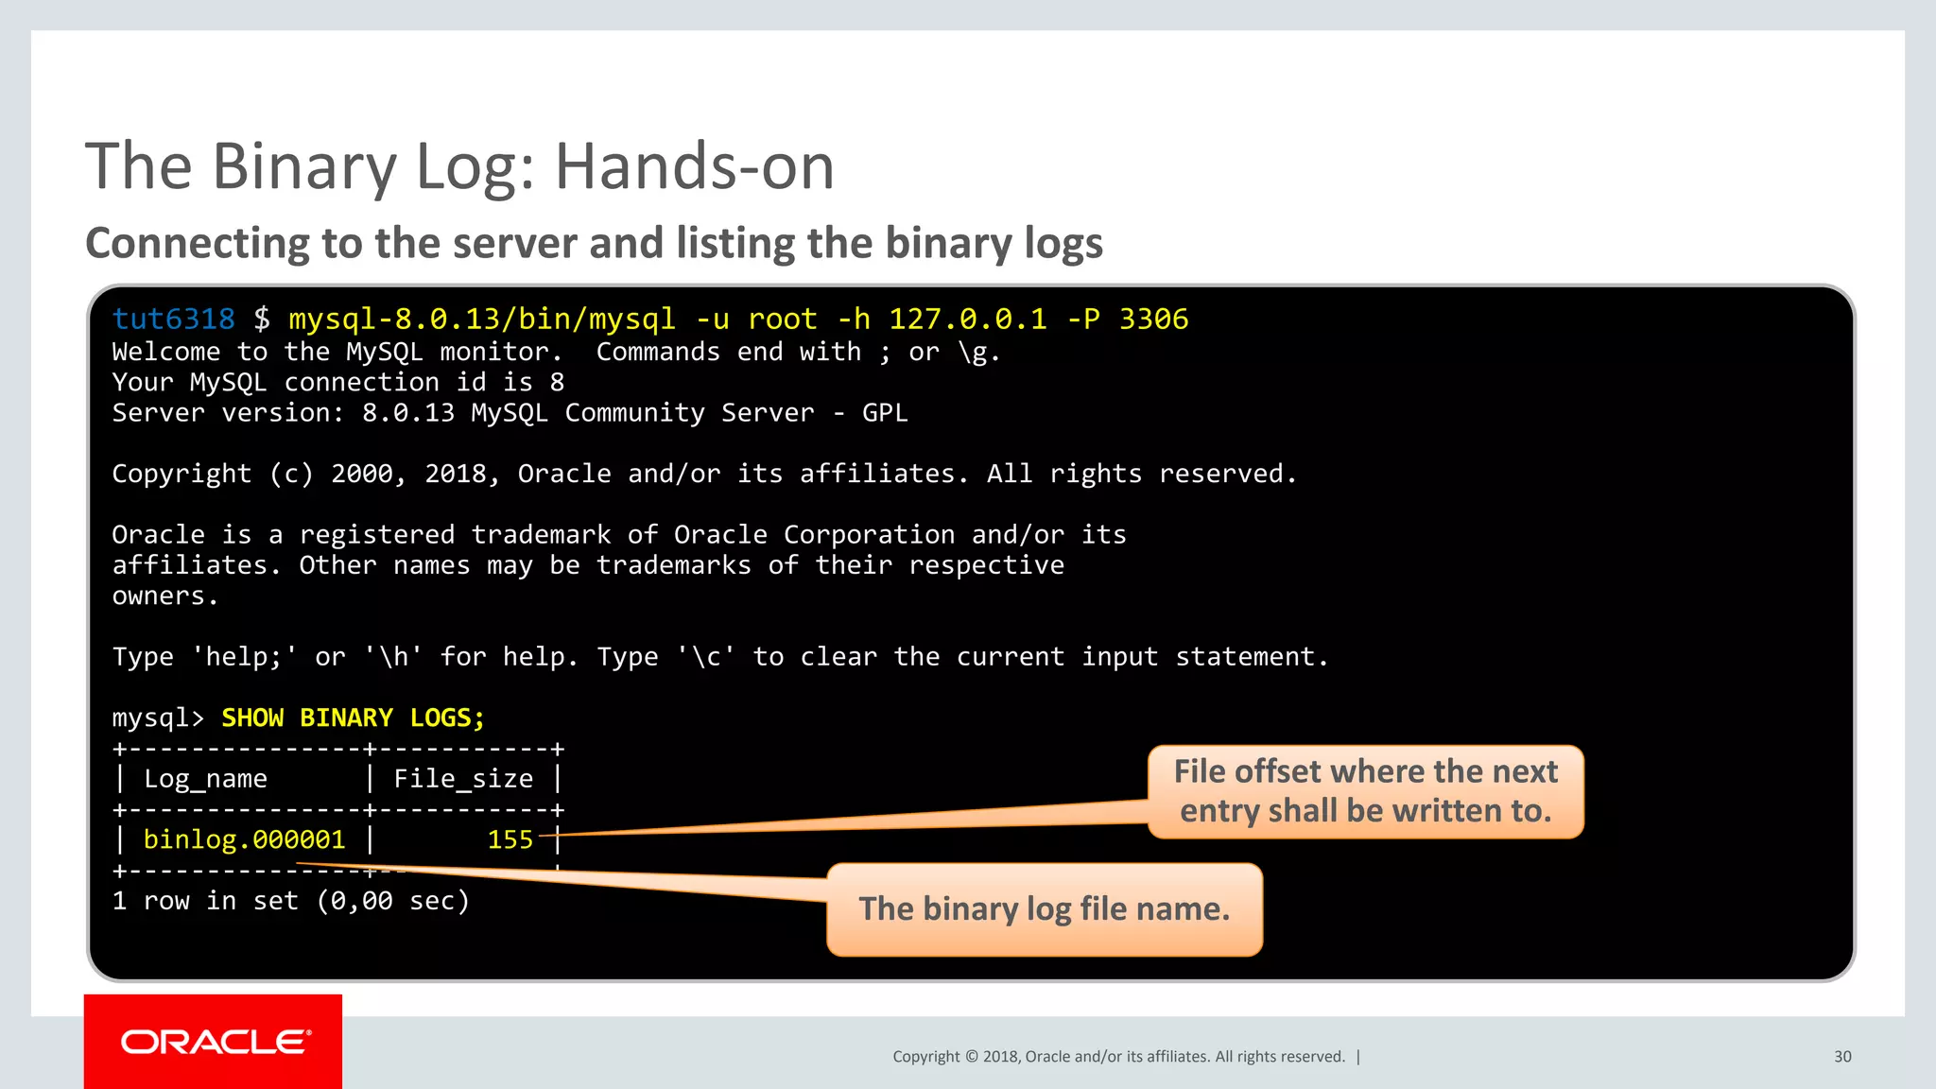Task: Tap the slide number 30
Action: click(x=1842, y=1057)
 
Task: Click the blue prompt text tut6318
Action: click(x=173, y=320)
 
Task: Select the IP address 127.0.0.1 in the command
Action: click(x=967, y=320)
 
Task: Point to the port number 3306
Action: click(x=1153, y=320)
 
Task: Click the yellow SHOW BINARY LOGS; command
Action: click(x=353, y=718)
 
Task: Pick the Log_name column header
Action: click(x=205, y=779)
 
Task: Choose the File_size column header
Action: click(x=463, y=779)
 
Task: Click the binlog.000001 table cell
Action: click(x=244, y=840)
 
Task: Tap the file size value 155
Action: click(x=510, y=840)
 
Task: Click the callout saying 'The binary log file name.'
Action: click(x=1044, y=909)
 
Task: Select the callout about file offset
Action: click(x=1365, y=791)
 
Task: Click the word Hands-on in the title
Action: click(x=694, y=166)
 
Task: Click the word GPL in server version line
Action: click(x=885, y=413)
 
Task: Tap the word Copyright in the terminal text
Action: click(x=181, y=474)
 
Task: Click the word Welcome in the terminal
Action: click(x=165, y=353)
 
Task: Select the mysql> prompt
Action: click(x=158, y=718)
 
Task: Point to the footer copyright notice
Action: click(x=1118, y=1057)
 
